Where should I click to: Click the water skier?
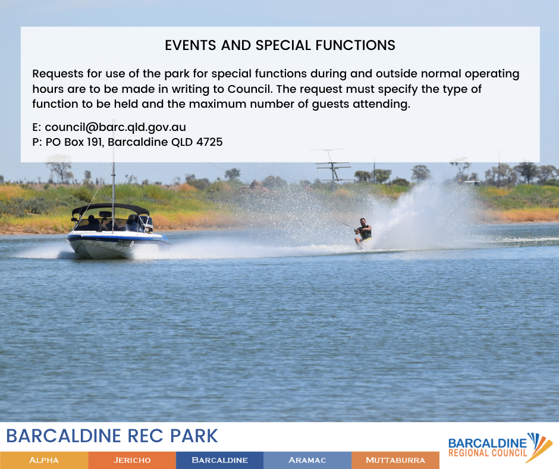363,233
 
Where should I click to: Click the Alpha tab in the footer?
44,460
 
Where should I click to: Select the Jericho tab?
132,460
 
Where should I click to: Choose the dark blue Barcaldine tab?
219,460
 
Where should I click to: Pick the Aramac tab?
307,460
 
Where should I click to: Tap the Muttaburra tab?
395,460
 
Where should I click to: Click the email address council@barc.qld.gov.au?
115,127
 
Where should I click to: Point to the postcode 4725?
209,142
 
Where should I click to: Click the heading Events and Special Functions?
280,45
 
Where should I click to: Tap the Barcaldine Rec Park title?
112,436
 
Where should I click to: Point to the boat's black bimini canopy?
110,210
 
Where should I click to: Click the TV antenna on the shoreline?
332,168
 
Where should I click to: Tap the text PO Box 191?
74,142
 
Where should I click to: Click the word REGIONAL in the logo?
467,453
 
